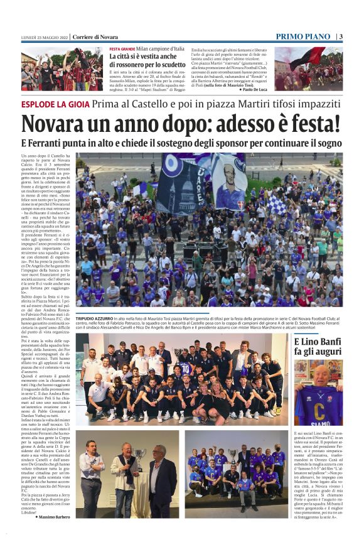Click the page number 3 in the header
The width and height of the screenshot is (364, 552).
coord(341,36)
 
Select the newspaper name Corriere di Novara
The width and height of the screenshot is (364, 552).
coord(95,37)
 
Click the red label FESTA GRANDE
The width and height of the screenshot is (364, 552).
coord(122,49)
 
